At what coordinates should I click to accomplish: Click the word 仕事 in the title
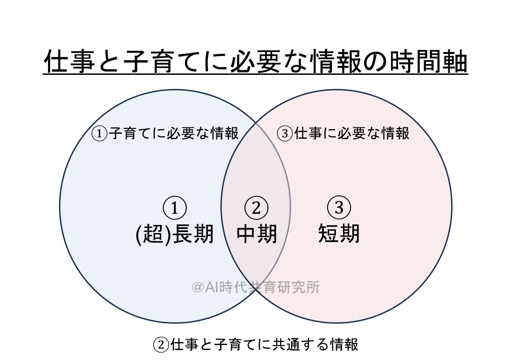click(x=69, y=61)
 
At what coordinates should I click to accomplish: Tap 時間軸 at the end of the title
click(x=429, y=61)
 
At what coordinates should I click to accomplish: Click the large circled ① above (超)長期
click(x=175, y=208)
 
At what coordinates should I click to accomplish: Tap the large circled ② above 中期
click(x=256, y=208)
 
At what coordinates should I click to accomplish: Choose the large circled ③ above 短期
click(x=339, y=208)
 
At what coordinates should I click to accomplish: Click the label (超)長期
click(x=175, y=234)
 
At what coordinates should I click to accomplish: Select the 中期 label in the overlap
click(x=257, y=234)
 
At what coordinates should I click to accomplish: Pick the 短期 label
click(x=339, y=234)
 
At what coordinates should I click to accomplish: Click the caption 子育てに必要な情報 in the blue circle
click(x=174, y=133)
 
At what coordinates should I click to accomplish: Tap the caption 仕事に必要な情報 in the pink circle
click(x=351, y=133)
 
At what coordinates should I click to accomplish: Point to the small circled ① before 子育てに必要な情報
click(x=99, y=134)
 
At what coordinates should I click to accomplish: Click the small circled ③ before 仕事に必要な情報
click(x=284, y=134)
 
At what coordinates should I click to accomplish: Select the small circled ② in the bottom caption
click(x=161, y=345)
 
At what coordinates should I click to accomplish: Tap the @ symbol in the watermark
click(x=198, y=287)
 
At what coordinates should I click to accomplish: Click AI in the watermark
click(x=212, y=287)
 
